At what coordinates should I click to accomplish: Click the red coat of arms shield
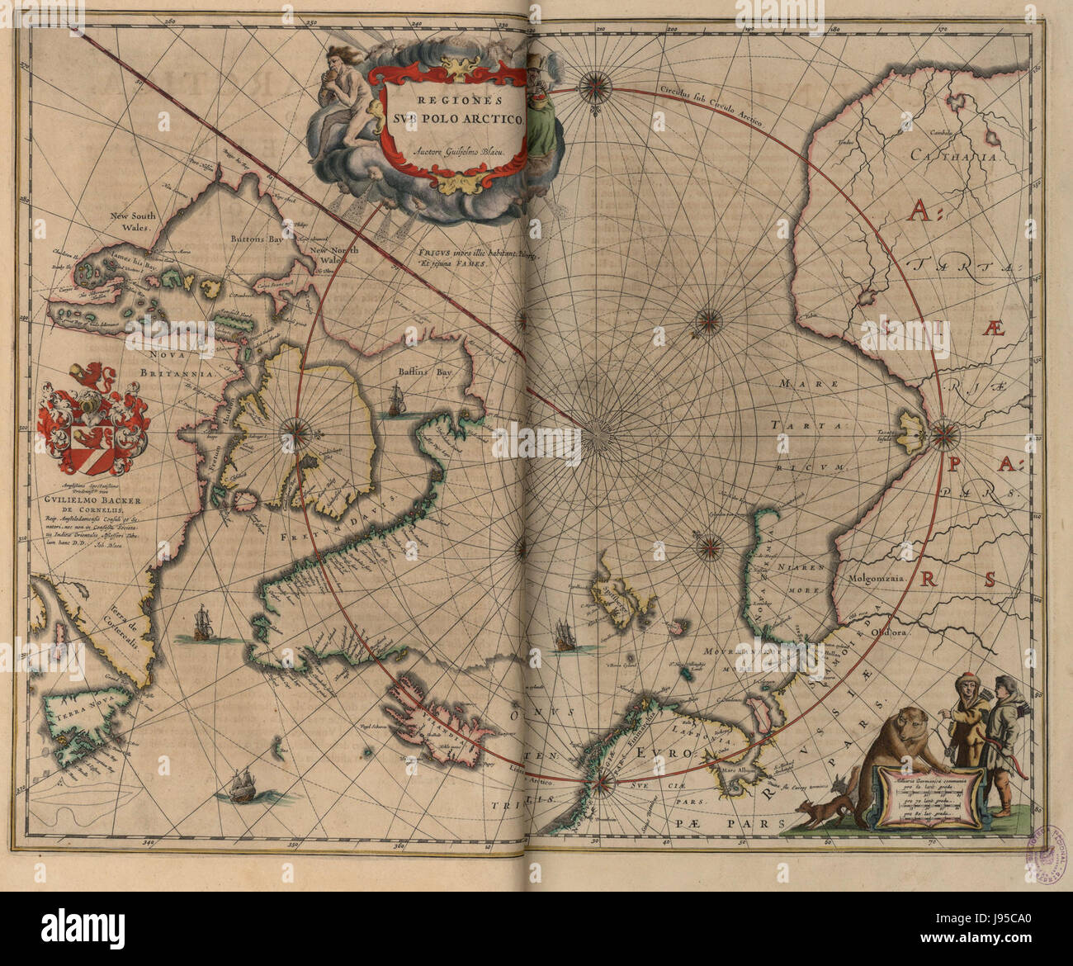pos(95,421)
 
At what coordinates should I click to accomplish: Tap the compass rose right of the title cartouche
pos(593,85)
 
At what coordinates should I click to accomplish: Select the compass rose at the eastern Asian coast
pos(945,430)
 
